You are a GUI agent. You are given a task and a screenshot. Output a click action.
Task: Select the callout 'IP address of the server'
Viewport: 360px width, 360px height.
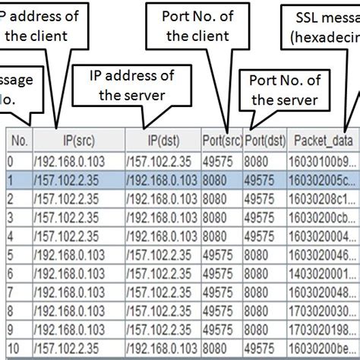coord(131,86)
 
